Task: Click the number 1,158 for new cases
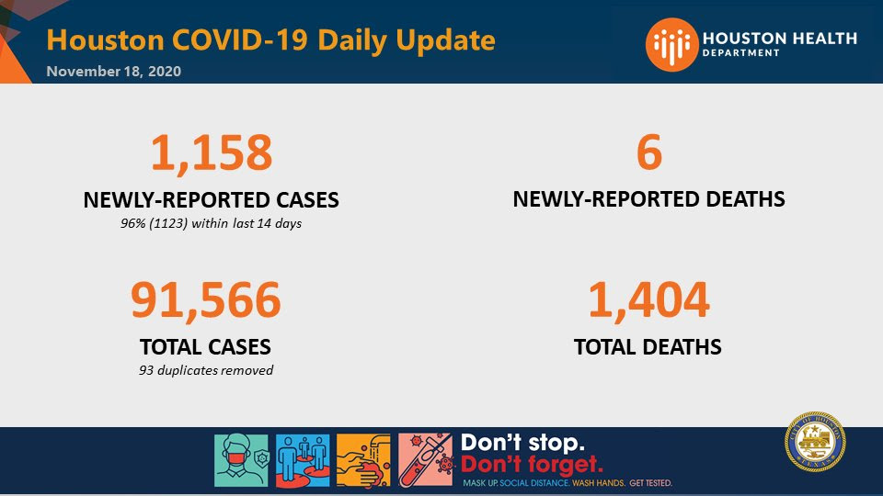(x=212, y=152)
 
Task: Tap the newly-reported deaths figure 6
(x=648, y=152)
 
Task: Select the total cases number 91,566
(x=205, y=300)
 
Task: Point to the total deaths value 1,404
(x=648, y=300)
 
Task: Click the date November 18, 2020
(x=114, y=72)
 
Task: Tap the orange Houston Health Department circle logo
(x=671, y=44)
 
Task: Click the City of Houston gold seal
(x=815, y=442)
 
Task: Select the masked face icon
(x=241, y=460)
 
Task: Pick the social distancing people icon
(x=303, y=460)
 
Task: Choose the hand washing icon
(x=363, y=460)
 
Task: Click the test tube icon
(x=425, y=460)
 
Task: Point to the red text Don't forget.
(x=533, y=465)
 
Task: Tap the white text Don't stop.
(x=522, y=443)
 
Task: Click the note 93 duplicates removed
(x=206, y=370)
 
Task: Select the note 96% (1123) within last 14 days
(x=212, y=223)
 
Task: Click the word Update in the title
(x=445, y=40)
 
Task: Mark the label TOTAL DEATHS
(x=648, y=347)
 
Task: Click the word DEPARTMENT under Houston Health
(x=741, y=53)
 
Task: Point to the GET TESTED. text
(x=651, y=483)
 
